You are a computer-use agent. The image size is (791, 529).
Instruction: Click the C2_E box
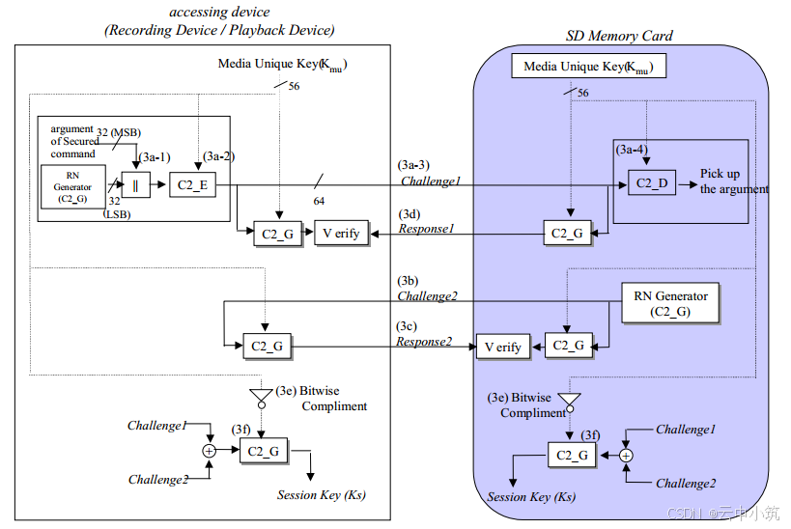[193, 184]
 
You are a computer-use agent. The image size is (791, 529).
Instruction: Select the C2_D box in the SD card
[652, 182]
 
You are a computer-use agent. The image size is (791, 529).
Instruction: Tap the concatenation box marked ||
[136, 184]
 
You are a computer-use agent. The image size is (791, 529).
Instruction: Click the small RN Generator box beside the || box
[72, 186]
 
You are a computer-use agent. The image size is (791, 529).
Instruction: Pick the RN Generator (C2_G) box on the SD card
[671, 303]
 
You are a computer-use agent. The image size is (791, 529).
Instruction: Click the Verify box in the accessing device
[342, 233]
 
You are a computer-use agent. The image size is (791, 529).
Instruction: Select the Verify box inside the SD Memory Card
[503, 347]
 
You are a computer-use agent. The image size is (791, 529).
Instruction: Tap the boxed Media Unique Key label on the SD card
[589, 66]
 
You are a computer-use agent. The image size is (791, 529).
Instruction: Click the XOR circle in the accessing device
[209, 451]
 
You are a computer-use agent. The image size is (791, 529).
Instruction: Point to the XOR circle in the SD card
[626, 456]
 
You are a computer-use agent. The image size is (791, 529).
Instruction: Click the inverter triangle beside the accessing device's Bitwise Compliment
[262, 398]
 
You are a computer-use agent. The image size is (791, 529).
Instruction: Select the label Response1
[426, 229]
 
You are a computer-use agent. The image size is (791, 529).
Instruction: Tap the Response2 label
[424, 342]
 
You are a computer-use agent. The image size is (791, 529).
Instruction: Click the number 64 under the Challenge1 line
[319, 201]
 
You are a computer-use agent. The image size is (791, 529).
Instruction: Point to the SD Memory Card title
[619, 36]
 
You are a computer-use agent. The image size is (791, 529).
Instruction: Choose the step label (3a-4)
[632, 150]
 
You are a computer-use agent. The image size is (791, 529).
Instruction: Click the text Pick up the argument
[734, 181]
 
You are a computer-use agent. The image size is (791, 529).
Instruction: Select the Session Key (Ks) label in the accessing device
[322, 494]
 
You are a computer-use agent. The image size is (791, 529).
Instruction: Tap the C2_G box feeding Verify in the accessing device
[277, 234]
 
